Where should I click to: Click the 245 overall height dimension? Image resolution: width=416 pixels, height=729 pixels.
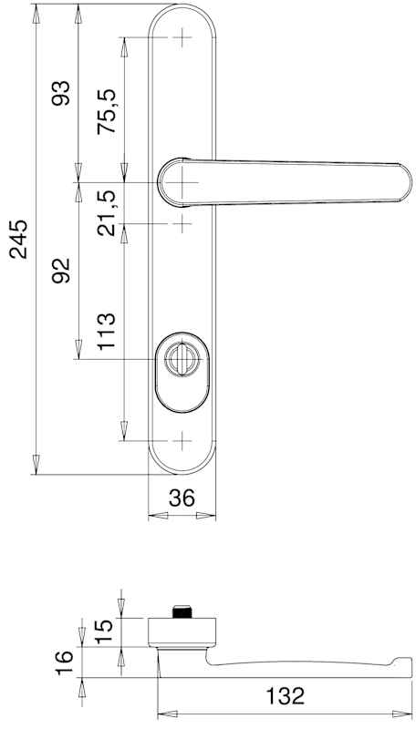pos(19,239)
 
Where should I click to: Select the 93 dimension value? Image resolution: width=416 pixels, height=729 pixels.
pos(61,93)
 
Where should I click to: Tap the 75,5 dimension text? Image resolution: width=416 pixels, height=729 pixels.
pos(107,111)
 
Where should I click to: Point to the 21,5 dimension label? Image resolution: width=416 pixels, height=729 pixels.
pos(107,212)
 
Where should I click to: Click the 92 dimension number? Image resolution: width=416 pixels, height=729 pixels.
pos(61,271)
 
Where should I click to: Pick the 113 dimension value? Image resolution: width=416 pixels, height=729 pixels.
pos(106,331)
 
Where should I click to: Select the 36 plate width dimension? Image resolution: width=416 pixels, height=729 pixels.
pos(182,498)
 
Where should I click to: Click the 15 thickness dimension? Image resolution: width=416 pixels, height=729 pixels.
pos(106,631)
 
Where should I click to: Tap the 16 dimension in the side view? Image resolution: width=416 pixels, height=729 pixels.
pos(64,663)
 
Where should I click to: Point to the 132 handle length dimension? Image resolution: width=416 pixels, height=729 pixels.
pos(286,695)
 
